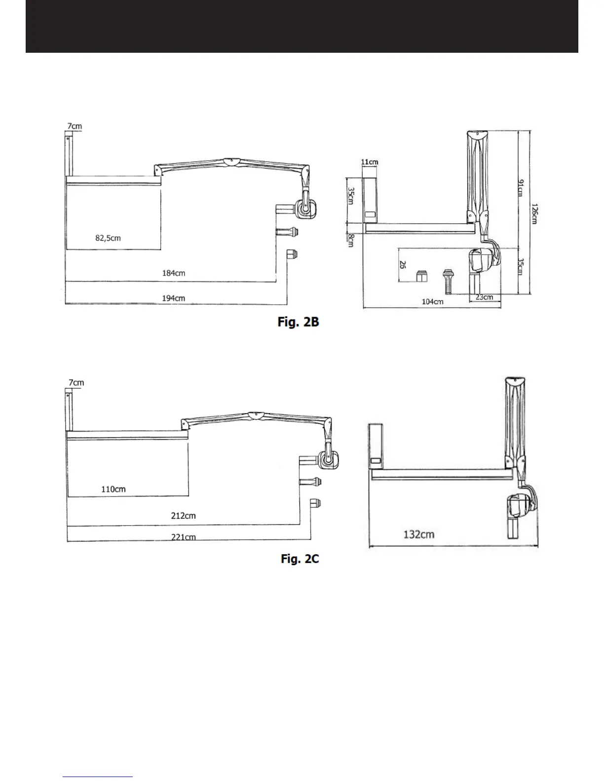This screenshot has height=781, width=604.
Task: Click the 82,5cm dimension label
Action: (108, 238)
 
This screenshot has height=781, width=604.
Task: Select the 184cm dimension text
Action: (174, 273)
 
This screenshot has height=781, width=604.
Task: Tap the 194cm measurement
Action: (174, 298)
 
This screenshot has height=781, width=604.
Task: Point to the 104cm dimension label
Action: (432, 302)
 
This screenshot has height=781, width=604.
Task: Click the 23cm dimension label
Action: (484, 297)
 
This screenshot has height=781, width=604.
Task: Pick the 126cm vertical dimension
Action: (534, 214)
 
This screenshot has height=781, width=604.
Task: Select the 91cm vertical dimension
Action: (521, 188)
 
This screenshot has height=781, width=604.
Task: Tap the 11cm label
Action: (370, 162)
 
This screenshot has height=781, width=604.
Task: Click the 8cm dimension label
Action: (351, 240)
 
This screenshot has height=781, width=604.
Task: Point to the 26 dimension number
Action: (403, 265)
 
